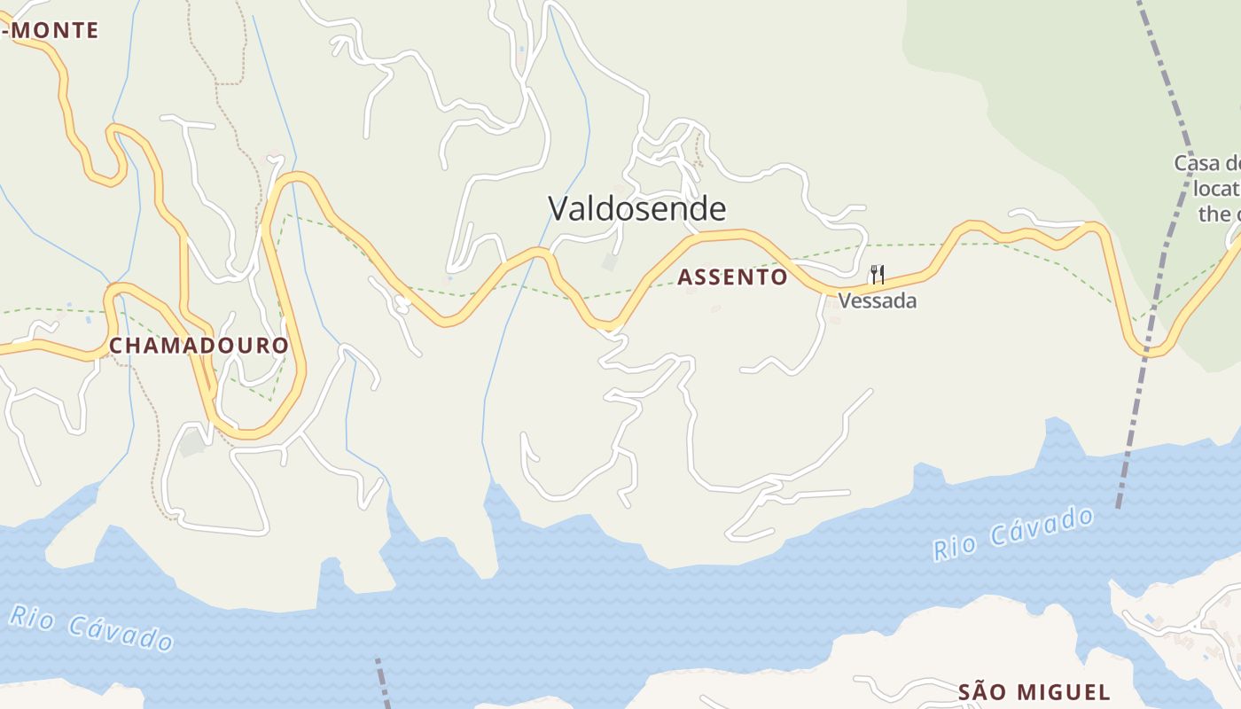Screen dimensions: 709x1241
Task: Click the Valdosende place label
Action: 636,208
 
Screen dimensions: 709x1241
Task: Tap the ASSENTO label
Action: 732,277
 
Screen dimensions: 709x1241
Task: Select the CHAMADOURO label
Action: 199,346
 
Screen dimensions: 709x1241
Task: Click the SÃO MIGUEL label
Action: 1034,692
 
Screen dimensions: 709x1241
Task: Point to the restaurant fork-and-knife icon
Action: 878,274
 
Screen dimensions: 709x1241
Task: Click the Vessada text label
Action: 877,300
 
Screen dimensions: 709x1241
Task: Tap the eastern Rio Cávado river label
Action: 1013,534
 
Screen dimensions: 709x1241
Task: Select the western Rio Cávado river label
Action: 91,627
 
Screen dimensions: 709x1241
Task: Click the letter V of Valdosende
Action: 557,208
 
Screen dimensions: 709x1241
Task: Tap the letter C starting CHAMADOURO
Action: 116,346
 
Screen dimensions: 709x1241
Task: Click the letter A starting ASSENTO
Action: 684,277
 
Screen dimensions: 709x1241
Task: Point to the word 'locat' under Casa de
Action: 1216,189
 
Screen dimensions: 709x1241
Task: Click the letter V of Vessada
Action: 844,300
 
